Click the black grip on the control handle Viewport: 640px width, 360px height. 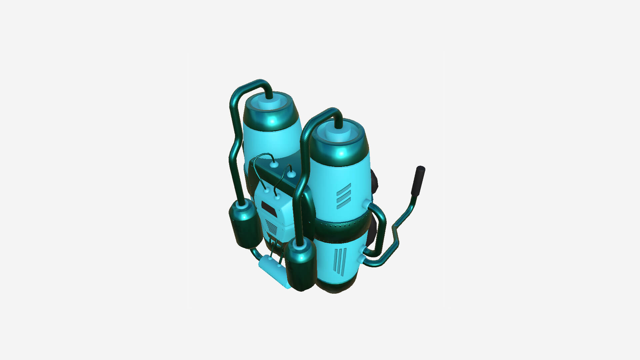[418, 181]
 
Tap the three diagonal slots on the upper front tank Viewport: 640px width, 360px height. [343, 196]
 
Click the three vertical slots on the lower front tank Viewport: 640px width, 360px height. [340, 262]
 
